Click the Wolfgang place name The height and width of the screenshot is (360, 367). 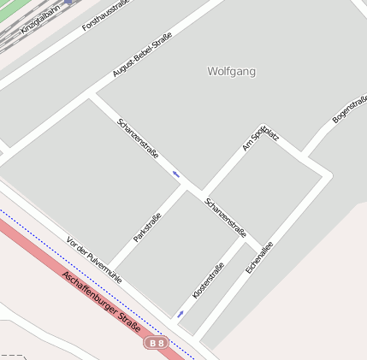tap(231, 72)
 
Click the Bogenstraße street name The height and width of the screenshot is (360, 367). tap(348, 109)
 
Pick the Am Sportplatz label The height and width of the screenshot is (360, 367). tap(259, 139)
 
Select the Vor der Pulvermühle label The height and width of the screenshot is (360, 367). tap(93, 259)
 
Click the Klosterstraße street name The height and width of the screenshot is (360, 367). tap(208, 280)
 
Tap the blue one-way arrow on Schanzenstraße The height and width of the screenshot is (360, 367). tap(176, 174)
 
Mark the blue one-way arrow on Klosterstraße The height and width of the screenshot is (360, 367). tap(181, 314)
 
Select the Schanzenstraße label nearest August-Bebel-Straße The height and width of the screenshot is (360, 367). tap(138, 139)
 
